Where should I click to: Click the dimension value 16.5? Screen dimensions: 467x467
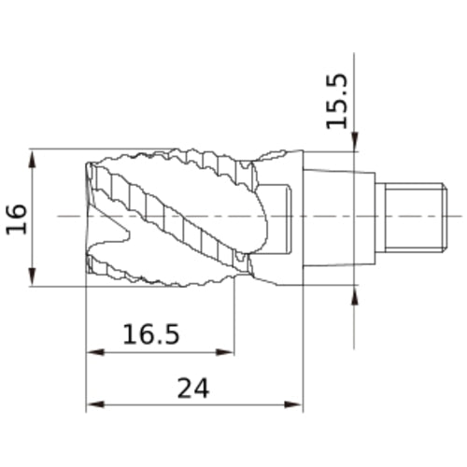150,333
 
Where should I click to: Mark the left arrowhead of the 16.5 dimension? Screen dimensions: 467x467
93,353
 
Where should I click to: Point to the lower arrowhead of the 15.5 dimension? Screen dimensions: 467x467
355,294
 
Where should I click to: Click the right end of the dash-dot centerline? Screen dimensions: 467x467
458,217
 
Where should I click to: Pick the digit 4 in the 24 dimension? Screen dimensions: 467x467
207,387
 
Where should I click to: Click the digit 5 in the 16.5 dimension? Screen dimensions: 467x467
170,333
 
